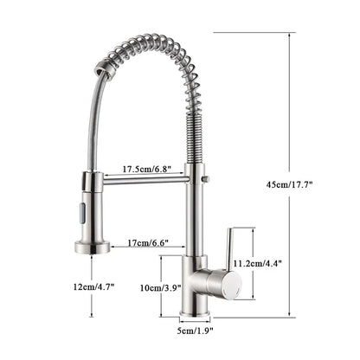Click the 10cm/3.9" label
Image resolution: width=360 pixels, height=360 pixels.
click(x=158, y=286)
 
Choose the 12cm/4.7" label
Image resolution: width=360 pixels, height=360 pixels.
click(x=93, y=286)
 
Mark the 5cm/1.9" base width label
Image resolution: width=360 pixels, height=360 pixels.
click(x=195, y=330)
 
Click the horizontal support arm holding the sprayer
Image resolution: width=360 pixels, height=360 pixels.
click(x=143, y=179)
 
